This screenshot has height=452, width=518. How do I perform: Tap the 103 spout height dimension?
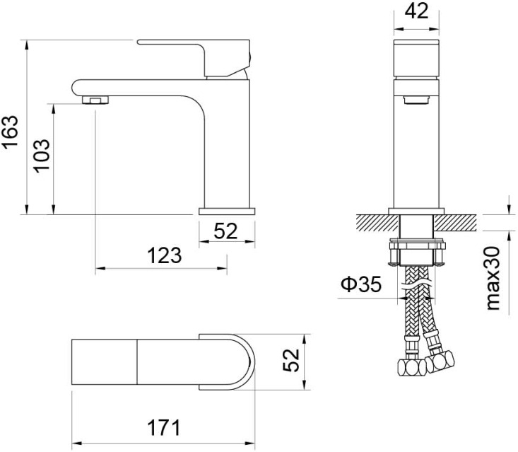pyautogui.click(x=42, y=155)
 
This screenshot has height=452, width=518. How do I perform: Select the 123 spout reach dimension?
pyautogui.click(x=164, y=255)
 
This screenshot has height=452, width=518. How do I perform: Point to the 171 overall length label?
pyautogui.click(x=164, y=427)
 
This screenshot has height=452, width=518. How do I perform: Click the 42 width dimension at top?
pyautogui.click(x=416, y=11)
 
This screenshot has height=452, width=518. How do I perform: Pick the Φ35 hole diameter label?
pyautogui.click(x=361, y=284)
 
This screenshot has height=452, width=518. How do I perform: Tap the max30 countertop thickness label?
pyautogui.click(x=493, y=279)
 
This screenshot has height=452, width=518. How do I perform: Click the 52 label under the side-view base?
pyautogui.click(x=225, y=231)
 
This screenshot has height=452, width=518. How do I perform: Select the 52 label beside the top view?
pyautogui.click(x=291, y=360)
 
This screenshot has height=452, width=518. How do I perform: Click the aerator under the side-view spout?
pyautogui.click(x=95, y=100)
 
